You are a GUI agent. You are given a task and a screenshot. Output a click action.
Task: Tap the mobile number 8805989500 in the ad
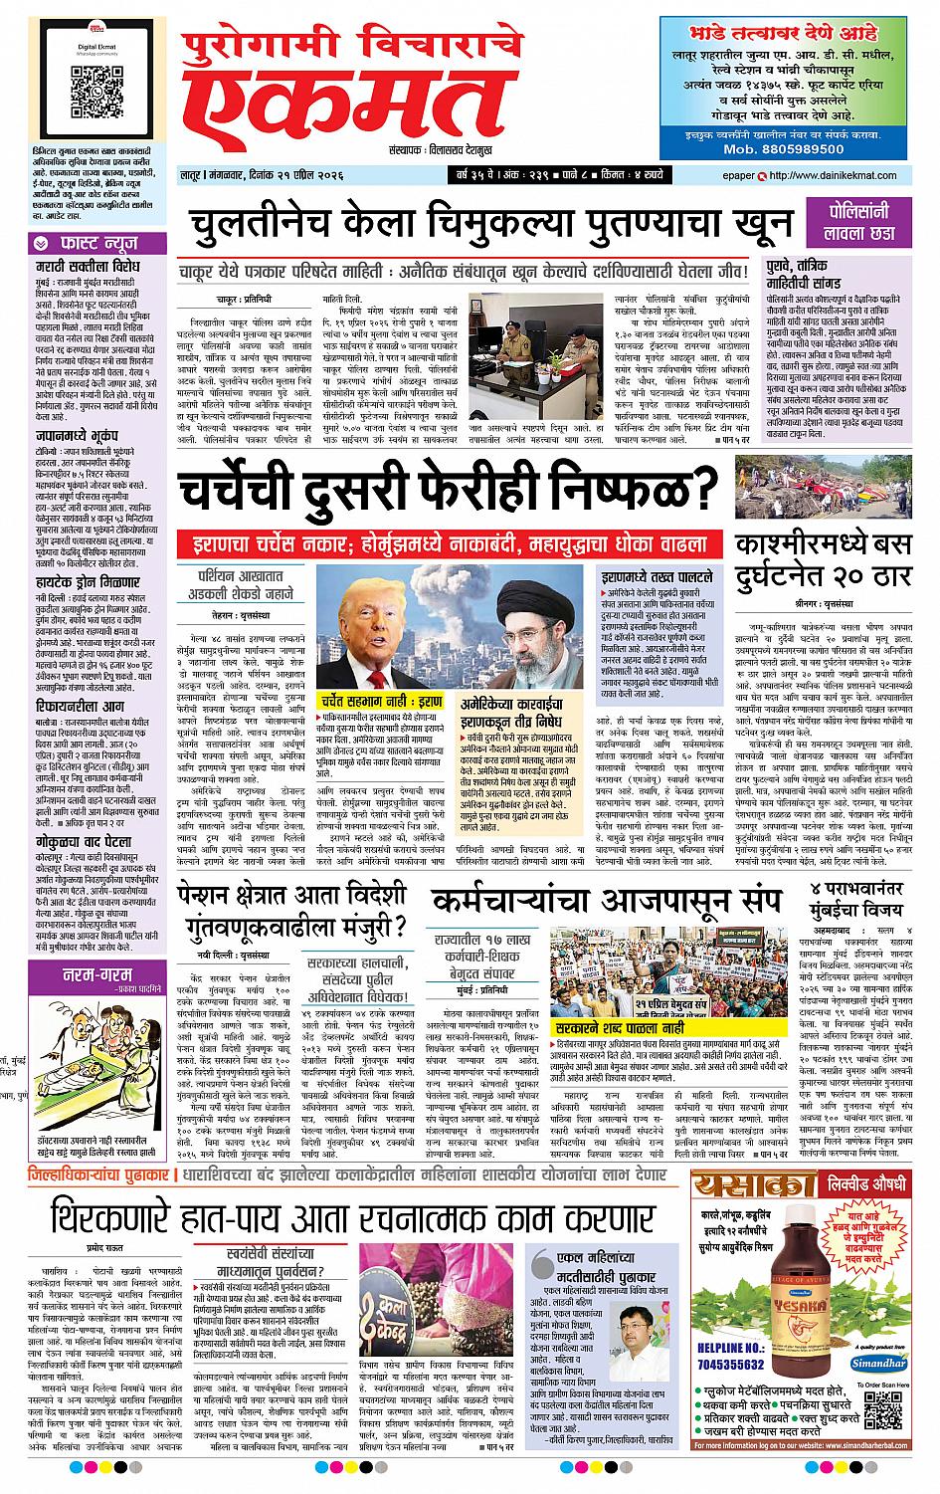[x=784, y=146]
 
